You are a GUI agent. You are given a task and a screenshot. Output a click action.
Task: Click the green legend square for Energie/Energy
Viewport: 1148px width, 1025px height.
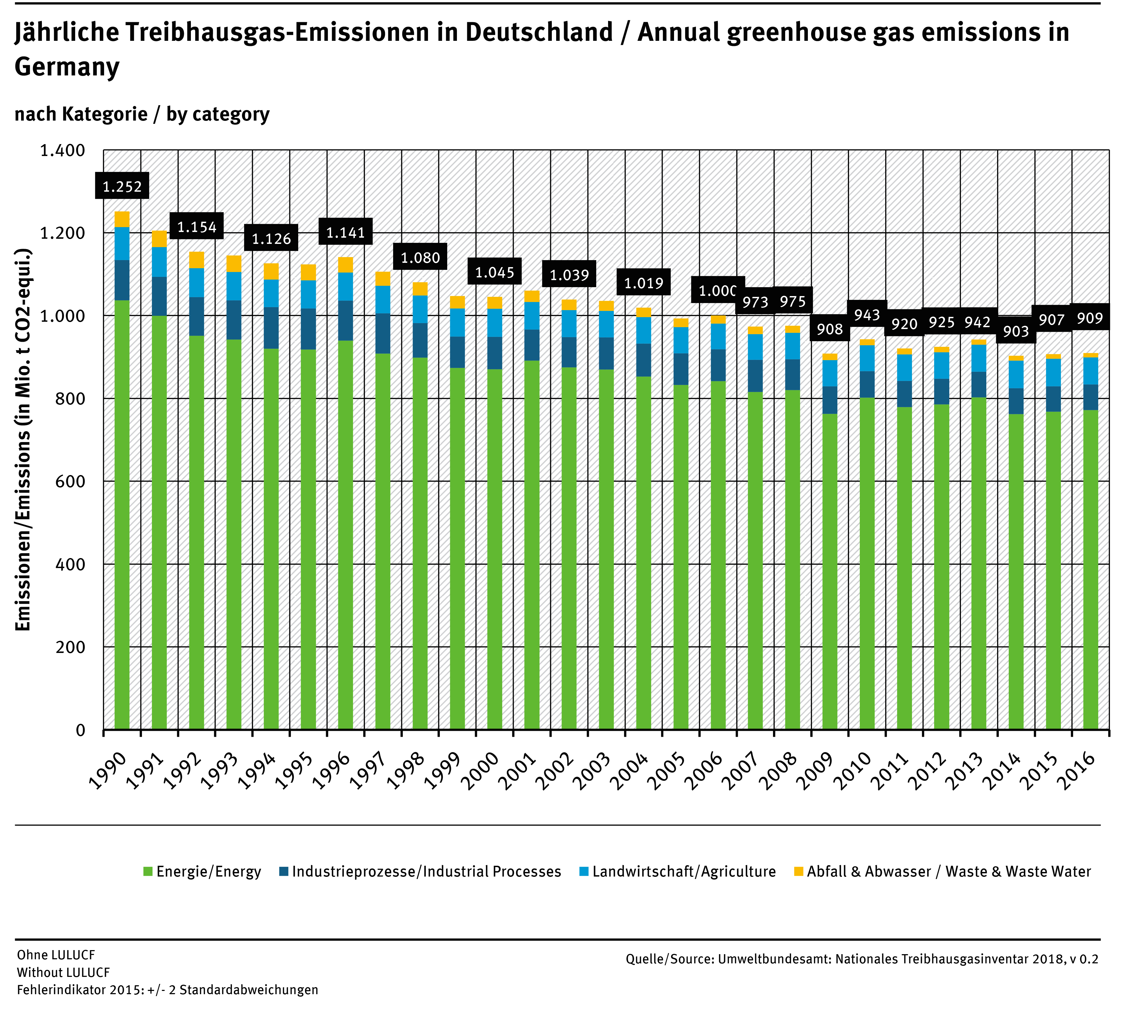148,872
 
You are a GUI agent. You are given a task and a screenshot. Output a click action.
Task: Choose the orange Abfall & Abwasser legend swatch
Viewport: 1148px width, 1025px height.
798,872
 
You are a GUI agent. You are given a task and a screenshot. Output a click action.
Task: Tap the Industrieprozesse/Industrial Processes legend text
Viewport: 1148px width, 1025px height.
426,872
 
